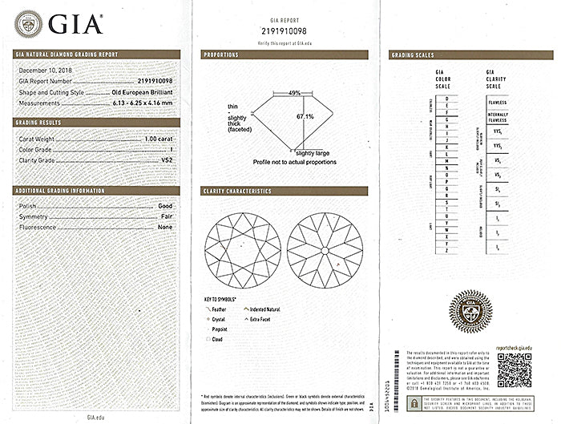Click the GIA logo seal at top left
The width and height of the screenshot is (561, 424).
point(29,23)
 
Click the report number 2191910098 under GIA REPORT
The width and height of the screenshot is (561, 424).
point(284,30)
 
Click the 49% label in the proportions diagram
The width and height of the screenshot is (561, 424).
point(295,93)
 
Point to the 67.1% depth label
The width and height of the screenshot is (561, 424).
point(305,116)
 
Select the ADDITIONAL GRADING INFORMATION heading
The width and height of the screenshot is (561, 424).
point(61,191)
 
